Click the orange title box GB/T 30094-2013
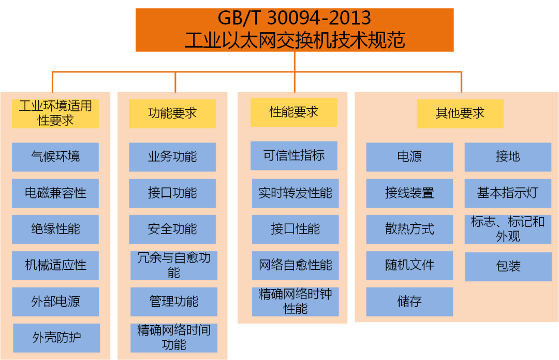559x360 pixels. click(x=295, y=30)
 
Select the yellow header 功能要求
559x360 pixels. click(x=172, y=113)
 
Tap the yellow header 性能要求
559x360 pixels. click(x=294, y=112)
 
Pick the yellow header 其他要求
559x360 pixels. click(x=460, y=113)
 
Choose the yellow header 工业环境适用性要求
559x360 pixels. click(x=55, y=113)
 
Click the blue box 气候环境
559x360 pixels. click(x=55, y=156)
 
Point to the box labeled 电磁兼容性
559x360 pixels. click(x=55, y=193)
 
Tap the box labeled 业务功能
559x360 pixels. click(x=172, y=156)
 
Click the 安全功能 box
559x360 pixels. click(x=172, y=229)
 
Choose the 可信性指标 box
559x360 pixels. click(x=294, y=155)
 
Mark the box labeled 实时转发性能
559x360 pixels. click(x=296, y=193)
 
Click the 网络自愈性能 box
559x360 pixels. click(x=296, y=265)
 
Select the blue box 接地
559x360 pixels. click(x=508, y=157)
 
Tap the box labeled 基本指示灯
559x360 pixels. click(x=508, y=193)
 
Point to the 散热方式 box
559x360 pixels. click(x=409, y=229)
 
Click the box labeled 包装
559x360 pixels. click(x=508, y=266)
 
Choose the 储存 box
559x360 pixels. click(x=409, y=302)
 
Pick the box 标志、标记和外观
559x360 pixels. click(x=508, y=229)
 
